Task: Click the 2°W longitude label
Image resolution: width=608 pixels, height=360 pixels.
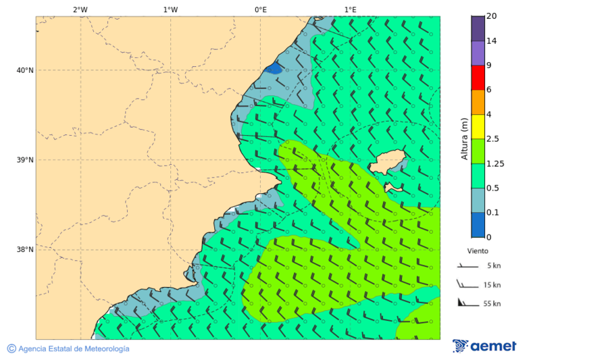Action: pyautogui.click(x=80, y=9)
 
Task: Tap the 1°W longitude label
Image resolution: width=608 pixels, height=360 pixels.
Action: pyautogui.click(x=170, y=9)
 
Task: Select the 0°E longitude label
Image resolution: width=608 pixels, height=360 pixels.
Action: pyautogui.click(x=260, y=9)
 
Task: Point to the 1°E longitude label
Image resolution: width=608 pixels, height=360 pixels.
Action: pyautogui.click(x=350, y=9)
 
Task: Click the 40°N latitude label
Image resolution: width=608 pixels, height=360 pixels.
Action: pyautogui.click(x=25, y=70)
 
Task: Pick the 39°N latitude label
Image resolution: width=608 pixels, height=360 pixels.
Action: pyautogui.click(x=25, y=160)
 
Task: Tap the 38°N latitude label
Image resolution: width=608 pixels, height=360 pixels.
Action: pyautogui.click(x=25, y=249)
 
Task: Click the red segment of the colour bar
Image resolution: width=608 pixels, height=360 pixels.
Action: pyautogui.click(x=478, y=78)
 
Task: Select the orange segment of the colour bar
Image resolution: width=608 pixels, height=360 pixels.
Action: pyautogui.click(x=478, y=102)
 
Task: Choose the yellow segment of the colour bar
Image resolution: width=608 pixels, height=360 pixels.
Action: pyautogui.click(x=478, y=126)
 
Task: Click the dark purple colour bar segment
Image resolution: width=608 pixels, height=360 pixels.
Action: pyautogui.click(x=478, y=28)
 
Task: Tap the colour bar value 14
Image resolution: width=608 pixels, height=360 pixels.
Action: pyautogui.click(x=492, y=41)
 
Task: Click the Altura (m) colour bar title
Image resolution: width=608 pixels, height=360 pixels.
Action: pyautogui.click(x=464, y=138)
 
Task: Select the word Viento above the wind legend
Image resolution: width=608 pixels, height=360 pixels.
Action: pyautogui.click(x=478, y=251)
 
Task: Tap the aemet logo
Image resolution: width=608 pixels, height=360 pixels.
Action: pyautogui.click(x=484, y=346)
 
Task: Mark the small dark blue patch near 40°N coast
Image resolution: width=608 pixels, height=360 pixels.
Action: pyautogui.click(x=274, y=69)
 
